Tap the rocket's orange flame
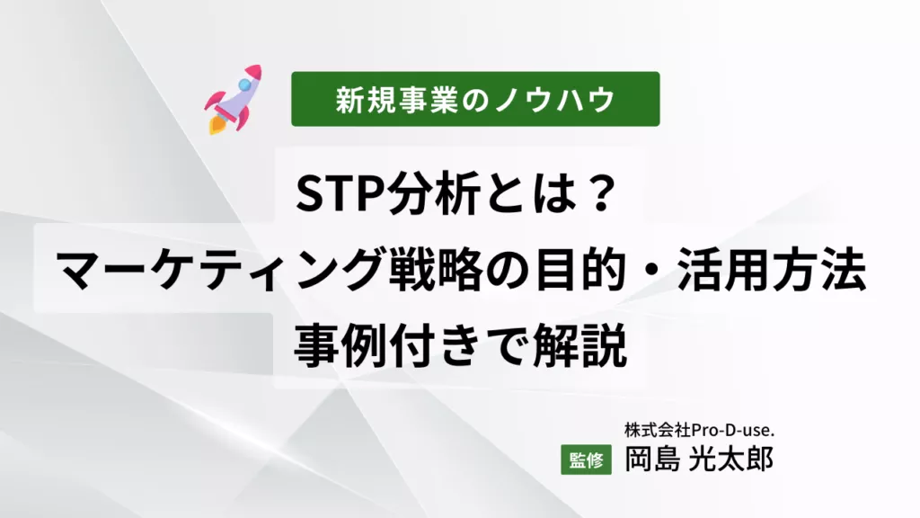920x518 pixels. [216, 125]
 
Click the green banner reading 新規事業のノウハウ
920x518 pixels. [475, 99]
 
